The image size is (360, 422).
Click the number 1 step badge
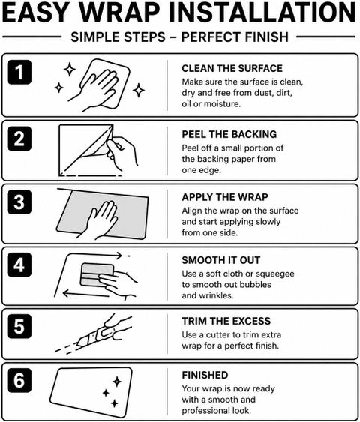(x=19, y=72)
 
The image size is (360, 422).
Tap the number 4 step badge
(x=19, y=265)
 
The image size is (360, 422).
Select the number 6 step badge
(x=19, y=380)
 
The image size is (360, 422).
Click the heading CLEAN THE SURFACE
(x=232, y=68)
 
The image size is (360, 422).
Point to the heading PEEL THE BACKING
(x=229, y=134)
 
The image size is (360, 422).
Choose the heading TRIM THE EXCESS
(x=226, y=321)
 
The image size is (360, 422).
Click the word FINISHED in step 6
(x=205, y=375)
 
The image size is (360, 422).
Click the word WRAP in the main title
(x=119, y=13)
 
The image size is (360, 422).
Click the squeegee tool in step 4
(x=97, y=275)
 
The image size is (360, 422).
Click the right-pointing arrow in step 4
(x=94, y=255)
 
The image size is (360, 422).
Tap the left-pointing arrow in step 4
(x=85, y=294)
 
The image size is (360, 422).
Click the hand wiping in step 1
(x=94, y=88)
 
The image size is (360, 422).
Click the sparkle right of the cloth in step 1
(x=139, y=90)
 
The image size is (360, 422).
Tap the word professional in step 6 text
(x=202, y=411)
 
